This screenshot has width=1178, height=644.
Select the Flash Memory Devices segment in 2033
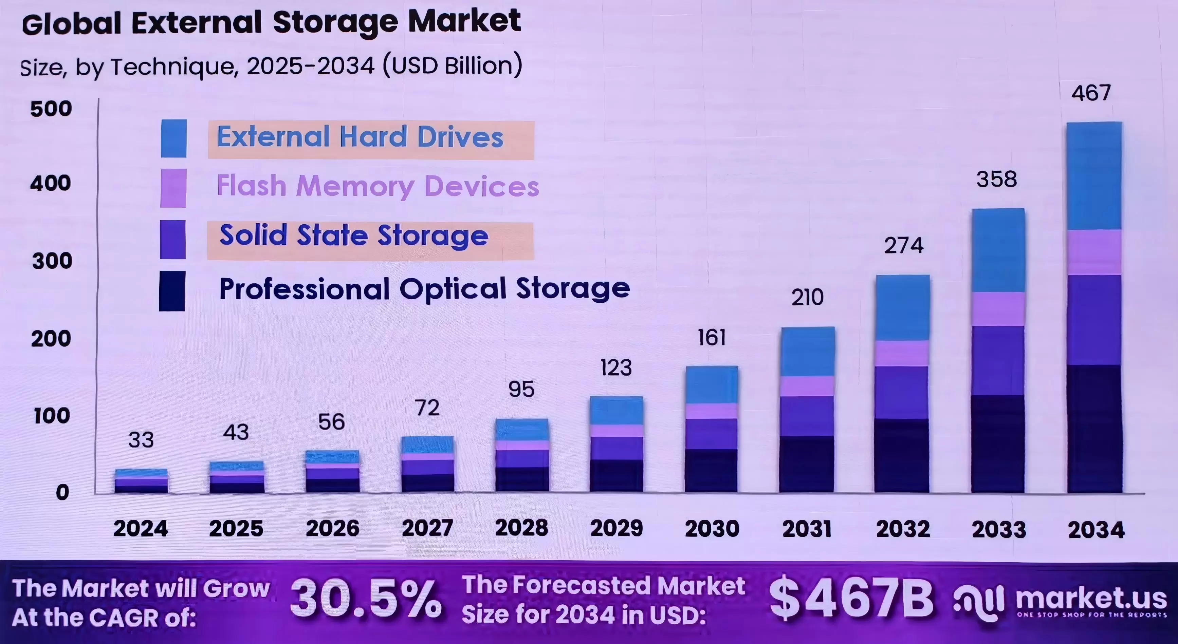[998, 309]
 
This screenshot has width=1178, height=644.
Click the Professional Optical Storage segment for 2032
[902, 455]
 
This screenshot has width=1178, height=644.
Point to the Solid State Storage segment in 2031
[807, 416]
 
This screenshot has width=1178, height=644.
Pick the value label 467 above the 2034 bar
[1091, 93]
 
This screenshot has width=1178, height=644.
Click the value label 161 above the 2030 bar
[712, 338]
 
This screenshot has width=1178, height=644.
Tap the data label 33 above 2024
[141, 440]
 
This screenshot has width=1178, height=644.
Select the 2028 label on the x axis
[521, 528]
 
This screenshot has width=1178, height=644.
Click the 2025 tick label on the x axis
[236, 529]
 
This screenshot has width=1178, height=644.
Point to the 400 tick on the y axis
[51, 183]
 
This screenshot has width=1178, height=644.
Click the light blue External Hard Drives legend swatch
[174, 138]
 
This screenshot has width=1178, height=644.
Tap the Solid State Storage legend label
[354, 236]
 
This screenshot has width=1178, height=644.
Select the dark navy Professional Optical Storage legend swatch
[172, 291]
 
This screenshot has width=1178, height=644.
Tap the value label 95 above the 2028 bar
[521, 390]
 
